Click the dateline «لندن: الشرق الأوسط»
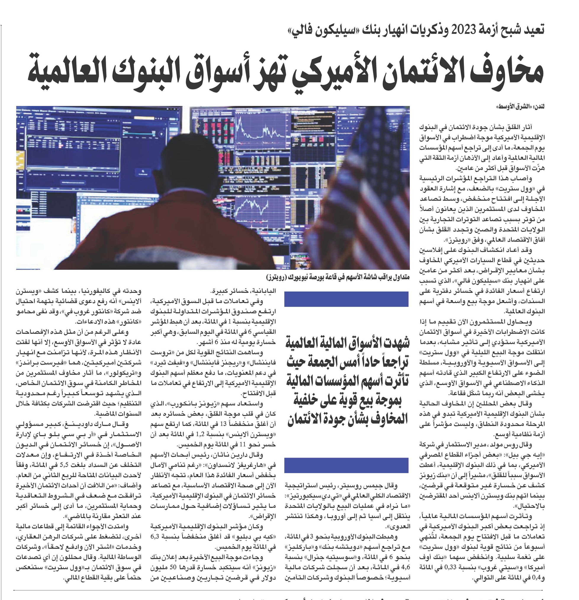pyautogui.click(x=529, y=107)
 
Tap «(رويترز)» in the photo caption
pyautogui.click(x=278, y=277)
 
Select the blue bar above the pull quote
pyautogui.click(x=346, y=299)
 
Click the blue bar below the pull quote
pyautogui.click(x=346, y=465)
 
